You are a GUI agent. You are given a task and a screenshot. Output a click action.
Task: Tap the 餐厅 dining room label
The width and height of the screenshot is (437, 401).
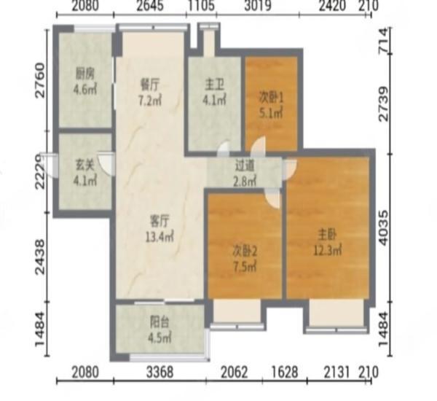point(149,83)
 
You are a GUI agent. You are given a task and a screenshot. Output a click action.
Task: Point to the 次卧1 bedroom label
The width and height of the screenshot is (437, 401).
point(270,96)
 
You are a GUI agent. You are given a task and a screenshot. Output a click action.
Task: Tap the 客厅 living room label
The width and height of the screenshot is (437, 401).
point(160,219)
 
